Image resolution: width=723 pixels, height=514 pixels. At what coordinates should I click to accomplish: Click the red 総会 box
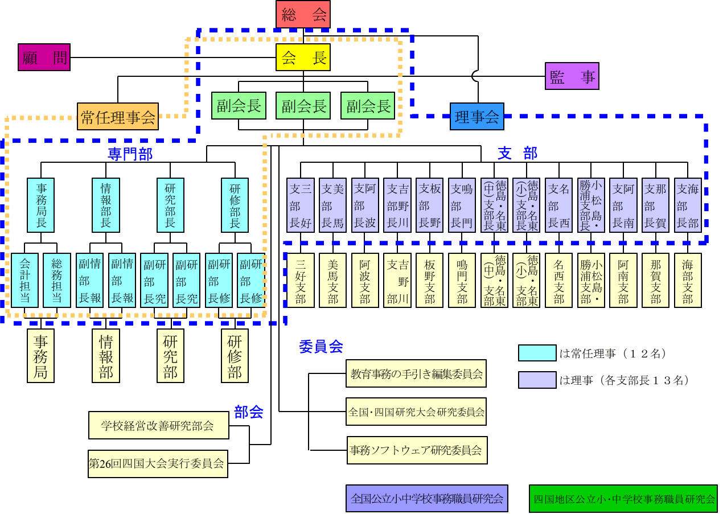pyautogui.click(x=303, y=14)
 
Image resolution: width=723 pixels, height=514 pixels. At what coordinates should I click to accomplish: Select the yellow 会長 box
pyautogui.click(x=303, y=57)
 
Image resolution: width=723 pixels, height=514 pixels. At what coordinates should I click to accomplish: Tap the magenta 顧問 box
pyautogui.click(x=44, y=57)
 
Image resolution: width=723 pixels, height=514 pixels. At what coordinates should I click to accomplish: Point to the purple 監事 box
pyautogui.click(x=572, y=76)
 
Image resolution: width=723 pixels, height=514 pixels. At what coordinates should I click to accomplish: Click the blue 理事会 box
pyautogui.click(x=477, y=117)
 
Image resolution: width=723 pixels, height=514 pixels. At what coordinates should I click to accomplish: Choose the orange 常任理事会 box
pyautogui.click(x=118, y=117)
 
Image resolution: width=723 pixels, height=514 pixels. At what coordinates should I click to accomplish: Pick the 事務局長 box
pyautogui.click(x=41, y=205)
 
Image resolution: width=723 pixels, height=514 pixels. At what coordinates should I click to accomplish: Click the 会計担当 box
pyautogui.click(x=25, y=280)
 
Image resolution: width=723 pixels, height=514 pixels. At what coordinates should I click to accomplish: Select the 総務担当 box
pyautogui.click(x=57, y=280)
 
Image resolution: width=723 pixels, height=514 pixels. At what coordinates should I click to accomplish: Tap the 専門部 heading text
pyautogui.click(x=130, y=154)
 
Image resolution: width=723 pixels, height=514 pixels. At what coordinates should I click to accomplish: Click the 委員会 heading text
pyautogui.click(x=321, y=346)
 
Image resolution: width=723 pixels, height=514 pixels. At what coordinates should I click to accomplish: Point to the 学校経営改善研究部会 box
pyautogui.click(x=158, y=425)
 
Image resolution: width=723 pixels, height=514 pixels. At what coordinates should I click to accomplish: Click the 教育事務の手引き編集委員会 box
pyautogui.click(x=416, y=373)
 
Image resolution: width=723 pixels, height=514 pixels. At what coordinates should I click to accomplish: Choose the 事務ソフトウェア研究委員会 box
pyautogui.click(x=416, y=450)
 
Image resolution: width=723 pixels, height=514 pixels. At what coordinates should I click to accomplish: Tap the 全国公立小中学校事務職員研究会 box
pyautogui.click(x=426, y=499)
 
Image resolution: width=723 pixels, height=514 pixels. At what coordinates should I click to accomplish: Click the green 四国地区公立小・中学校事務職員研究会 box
pyautogui.click(x=624, y=499)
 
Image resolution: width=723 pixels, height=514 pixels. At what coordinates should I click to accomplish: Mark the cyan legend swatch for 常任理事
pyautogui.click(x=537, y=353)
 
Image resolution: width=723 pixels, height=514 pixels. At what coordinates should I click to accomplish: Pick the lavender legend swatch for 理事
pyautogui.click(x=537, y=380)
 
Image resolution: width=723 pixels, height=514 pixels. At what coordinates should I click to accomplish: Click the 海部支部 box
pyautogui.click(x=688, y=280)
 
